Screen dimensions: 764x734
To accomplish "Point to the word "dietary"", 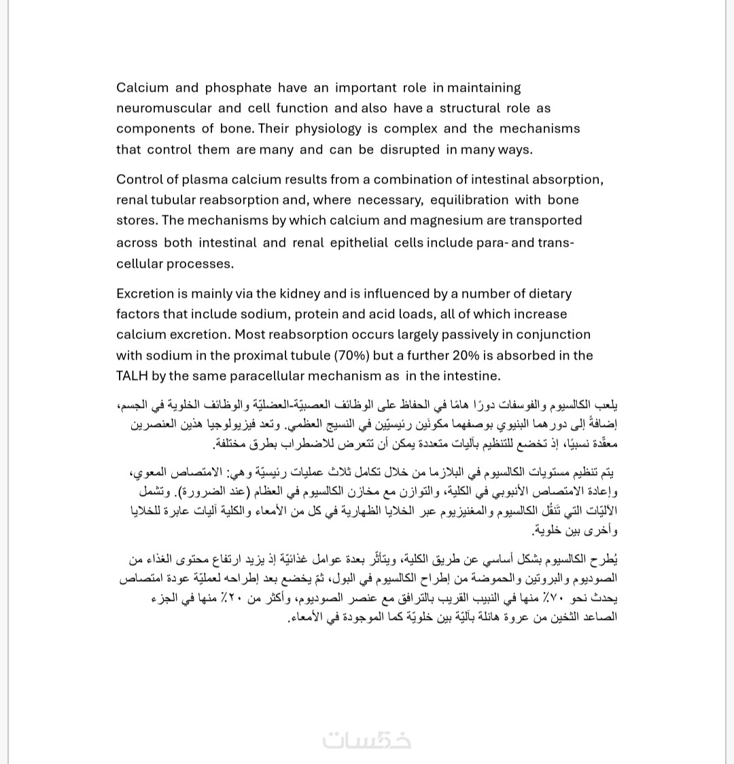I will (548, 294).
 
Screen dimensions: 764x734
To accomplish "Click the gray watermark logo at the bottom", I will (367, 739).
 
